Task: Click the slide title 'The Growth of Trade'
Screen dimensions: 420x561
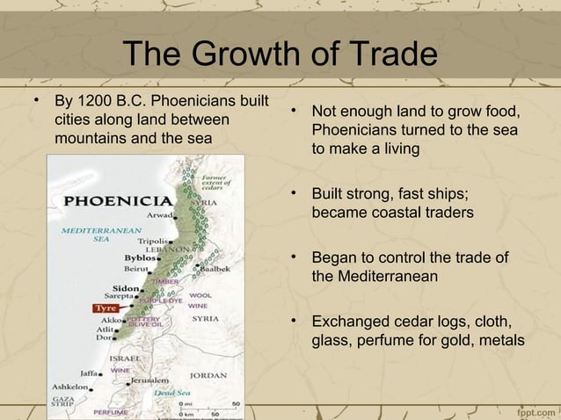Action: coord(280,54)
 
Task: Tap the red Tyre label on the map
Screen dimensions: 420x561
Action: coord(106,308)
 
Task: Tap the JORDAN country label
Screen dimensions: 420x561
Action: coord(209,374)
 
